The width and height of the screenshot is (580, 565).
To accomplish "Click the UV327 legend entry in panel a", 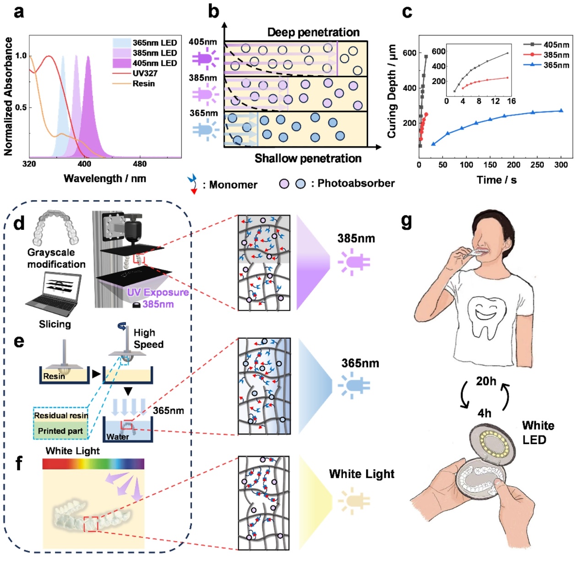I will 145,73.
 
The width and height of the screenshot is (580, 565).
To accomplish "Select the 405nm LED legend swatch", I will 122,63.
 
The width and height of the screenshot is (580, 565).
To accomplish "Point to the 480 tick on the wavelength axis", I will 140,164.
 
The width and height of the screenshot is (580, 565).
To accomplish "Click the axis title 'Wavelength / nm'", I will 105,179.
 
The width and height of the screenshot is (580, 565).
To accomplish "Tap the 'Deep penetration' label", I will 313,33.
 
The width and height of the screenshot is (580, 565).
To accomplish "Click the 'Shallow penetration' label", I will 308,158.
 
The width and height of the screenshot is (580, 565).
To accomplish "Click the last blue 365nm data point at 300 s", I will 561,110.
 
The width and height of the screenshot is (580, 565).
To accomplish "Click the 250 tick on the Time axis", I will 537,165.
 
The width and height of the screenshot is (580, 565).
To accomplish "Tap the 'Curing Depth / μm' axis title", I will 391,91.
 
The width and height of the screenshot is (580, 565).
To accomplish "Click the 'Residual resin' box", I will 61,416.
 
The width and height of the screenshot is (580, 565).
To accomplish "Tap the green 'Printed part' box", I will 60,431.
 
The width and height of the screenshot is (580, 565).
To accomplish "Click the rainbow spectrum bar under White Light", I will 93,464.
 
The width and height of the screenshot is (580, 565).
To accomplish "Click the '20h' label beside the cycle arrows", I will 486,381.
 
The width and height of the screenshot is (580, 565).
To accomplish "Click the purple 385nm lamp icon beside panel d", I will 353,262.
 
